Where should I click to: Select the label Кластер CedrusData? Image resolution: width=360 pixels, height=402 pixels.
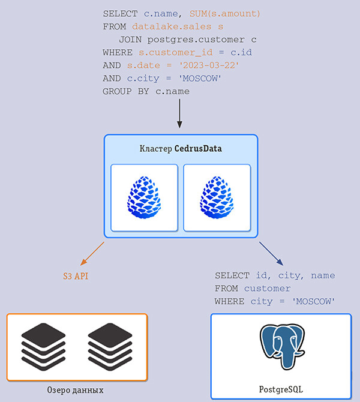181,148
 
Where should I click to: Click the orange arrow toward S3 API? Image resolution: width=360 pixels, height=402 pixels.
93,253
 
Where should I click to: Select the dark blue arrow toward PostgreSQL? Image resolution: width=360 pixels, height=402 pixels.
271,253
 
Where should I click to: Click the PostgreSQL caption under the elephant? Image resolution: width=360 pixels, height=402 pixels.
281,389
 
